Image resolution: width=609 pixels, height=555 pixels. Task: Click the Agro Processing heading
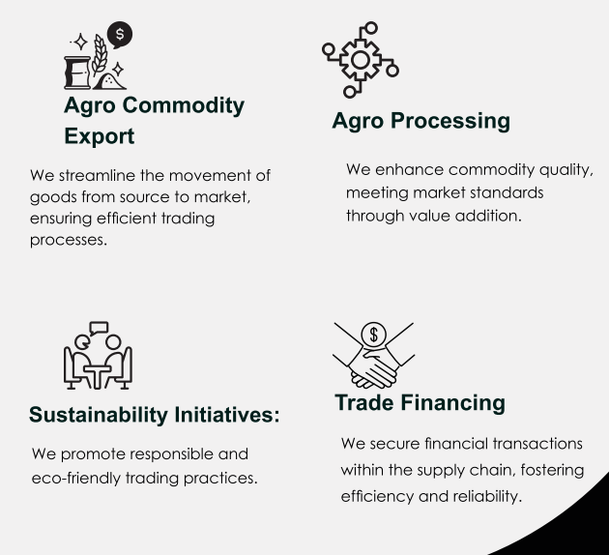pyautogui.click(x=421, y=122)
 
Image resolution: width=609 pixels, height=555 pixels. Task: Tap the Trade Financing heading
pyautogui.click(x=420, y=403)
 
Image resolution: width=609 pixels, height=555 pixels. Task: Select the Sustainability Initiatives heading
pyautogui.click(x=155, y=415)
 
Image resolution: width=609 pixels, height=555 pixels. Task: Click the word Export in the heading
pyautogui.click(x=99, y=136)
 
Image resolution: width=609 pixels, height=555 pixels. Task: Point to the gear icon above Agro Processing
pyautogui.click(x=361, y=60)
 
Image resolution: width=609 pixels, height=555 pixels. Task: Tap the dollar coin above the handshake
pyautogui.click(x=374, y=335)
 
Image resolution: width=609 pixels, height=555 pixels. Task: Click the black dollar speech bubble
pyautogui.click(x=120, y=34)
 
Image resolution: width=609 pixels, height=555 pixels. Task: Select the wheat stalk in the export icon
pyautogui.click(x=100, y=54)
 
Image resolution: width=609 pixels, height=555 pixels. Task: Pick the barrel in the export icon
pyautogui.click(x=77, y=73)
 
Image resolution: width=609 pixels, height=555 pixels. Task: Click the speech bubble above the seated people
pyautogui.click(x=99, y=328)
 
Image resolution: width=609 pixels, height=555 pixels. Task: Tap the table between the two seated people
pyautogui.click(x=98, y=376)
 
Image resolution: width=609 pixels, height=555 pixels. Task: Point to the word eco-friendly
pyautogui.click(x=75, y=479)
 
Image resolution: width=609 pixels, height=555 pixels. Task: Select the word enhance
pyautogui.click(x=409, y=170)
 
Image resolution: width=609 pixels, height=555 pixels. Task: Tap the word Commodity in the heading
pyautogui.click(x=184, y=106)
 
